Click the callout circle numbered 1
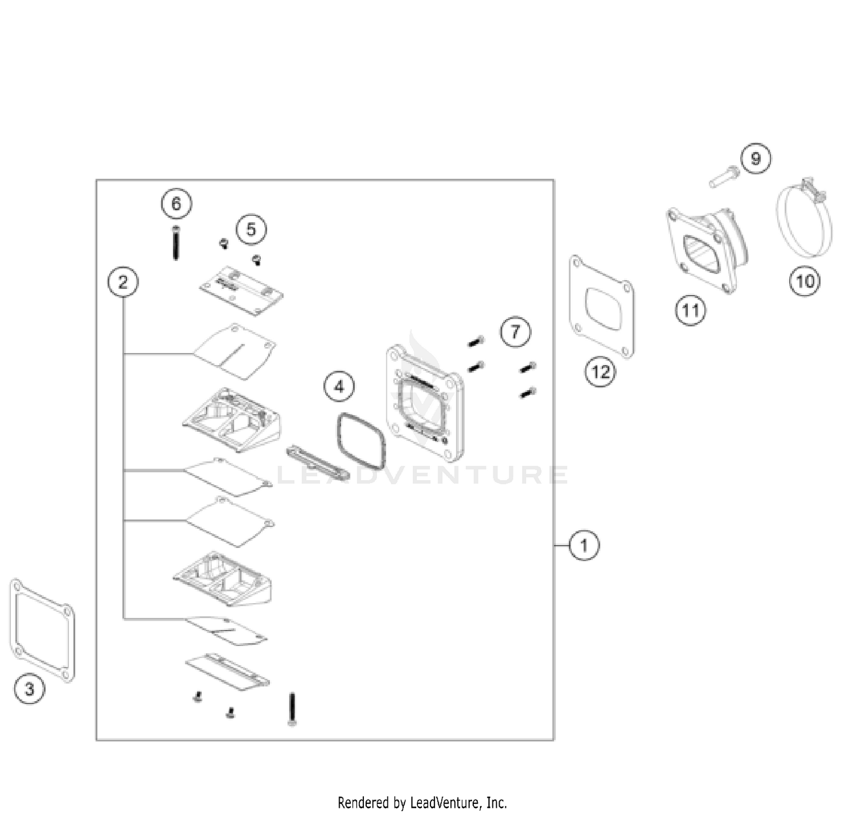[584, 545]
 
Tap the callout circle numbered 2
[123, 281]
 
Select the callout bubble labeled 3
[29, 688]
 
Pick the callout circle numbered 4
[339, 387]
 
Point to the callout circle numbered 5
[251, 229]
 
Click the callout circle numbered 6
[176, 203]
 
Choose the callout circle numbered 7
[515, 331]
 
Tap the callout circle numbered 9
[755, 158]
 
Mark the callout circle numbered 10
[805, 280]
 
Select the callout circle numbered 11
[691, 310]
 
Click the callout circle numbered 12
[601, 372]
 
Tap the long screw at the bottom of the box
[292, 709]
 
